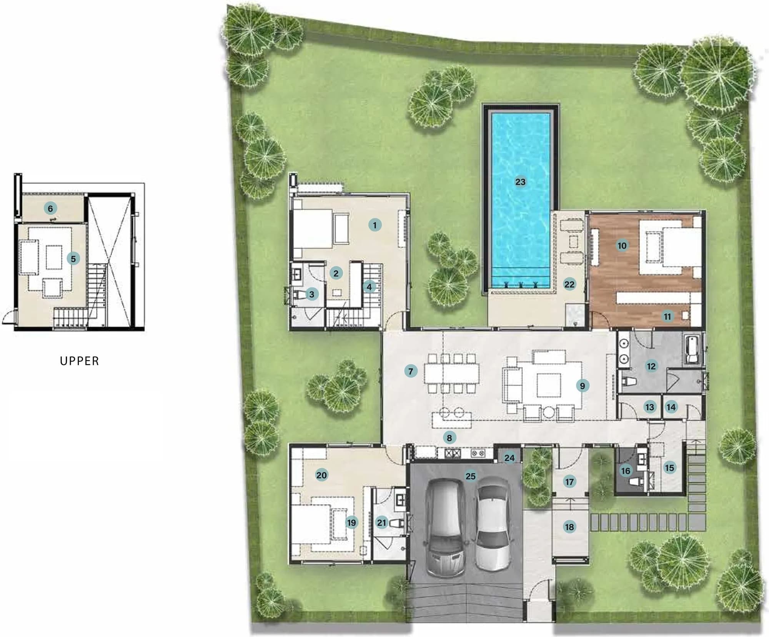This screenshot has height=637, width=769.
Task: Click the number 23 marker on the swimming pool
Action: (x=520, y=182)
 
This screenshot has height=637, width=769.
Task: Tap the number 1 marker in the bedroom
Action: (x=375, y=225)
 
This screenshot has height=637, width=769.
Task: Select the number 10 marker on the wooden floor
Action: (x=622, y=246)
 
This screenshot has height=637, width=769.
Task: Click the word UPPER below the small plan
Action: (x=80, y=361)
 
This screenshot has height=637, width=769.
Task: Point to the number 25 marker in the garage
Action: (x=471, y=476)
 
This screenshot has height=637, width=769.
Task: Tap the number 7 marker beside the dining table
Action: (x=411, y=371)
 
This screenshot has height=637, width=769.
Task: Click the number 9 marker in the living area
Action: (x=583, y=386)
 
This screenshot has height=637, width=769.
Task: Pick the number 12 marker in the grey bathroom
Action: (x=651, y=366)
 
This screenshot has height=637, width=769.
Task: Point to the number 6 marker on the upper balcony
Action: (x=50, y=209)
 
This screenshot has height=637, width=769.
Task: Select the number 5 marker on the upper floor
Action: (x=73, y=259)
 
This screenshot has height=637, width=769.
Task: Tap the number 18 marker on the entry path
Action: (x=569, y=527)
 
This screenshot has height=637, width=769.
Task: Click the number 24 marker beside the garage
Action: (x=509, y=458)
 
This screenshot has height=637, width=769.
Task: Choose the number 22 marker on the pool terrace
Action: (x=569, y=284)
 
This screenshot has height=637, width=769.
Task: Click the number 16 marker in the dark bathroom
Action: (x=626, y=471)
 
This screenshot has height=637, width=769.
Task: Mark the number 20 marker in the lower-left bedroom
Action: (x=321, y=475)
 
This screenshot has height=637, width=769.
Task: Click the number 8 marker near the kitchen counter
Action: (x=449, y=437)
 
